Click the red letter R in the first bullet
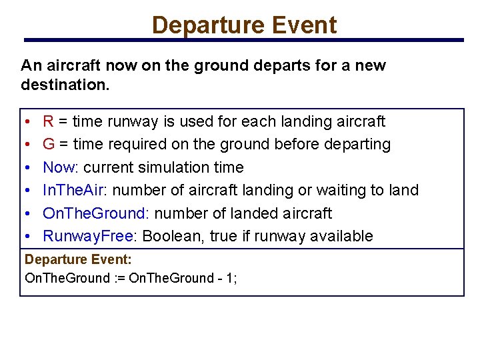click(x=48, y=121)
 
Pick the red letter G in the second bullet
click(x=49, y=144)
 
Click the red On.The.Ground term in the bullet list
click(x=93, y=213)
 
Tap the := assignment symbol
click(x=119, y=278)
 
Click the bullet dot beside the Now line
click(x=25, y=168)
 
